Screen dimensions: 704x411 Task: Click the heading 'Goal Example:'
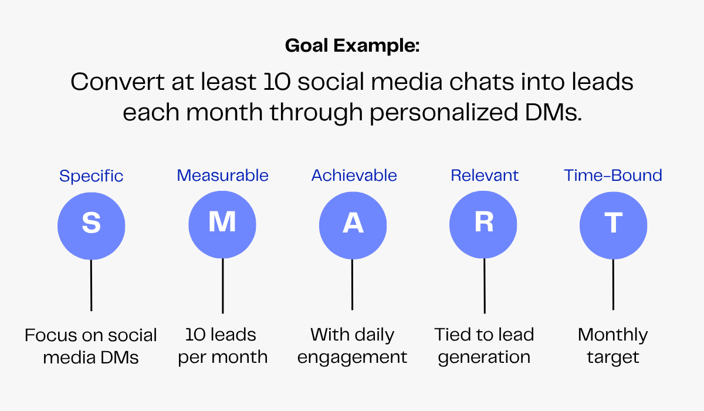pos(353,46)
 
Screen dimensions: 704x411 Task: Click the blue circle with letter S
pos(91,226)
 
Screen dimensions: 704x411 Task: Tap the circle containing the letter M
pos(222,224)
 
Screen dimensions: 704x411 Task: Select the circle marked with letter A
pos(353,225)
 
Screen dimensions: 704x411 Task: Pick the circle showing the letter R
pos(483,224)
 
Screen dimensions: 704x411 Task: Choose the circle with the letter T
pos(613,225)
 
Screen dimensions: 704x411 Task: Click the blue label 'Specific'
pos(91,176)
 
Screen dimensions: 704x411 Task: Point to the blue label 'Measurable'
pos(222,176)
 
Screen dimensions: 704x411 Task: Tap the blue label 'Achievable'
pos(354,176)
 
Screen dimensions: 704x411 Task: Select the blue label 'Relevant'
pos(485,176)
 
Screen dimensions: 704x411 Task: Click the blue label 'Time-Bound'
pos(613,176)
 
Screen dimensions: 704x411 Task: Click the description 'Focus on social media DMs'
pos(91,346)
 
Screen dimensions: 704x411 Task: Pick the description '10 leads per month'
pos(222,346)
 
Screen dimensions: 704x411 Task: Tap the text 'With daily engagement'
pos(353,346)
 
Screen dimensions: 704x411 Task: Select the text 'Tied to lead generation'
pos(485,346)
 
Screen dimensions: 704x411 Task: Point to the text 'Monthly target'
pos(613,346)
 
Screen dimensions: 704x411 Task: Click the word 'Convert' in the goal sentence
pos(117,82)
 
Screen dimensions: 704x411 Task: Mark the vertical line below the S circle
pos(91,285)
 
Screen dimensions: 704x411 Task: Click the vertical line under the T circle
pos(613,285)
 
